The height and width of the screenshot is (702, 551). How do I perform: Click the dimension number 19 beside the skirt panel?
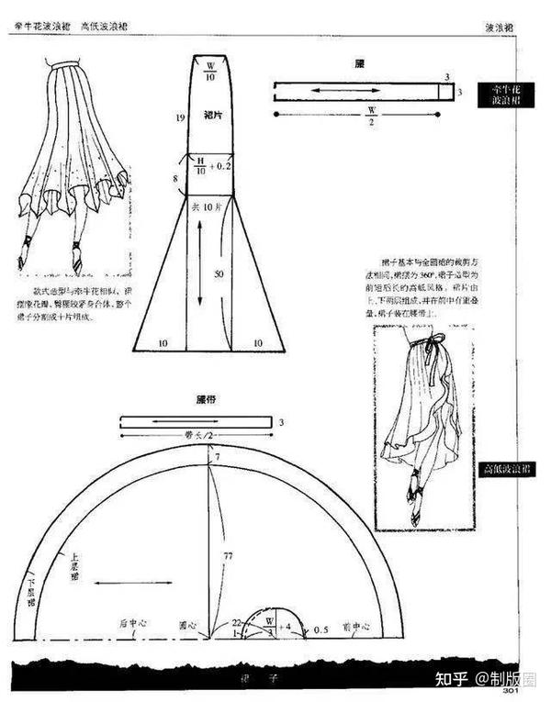tap(182, 117)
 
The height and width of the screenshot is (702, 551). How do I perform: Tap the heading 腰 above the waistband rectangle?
tap(360, 64)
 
